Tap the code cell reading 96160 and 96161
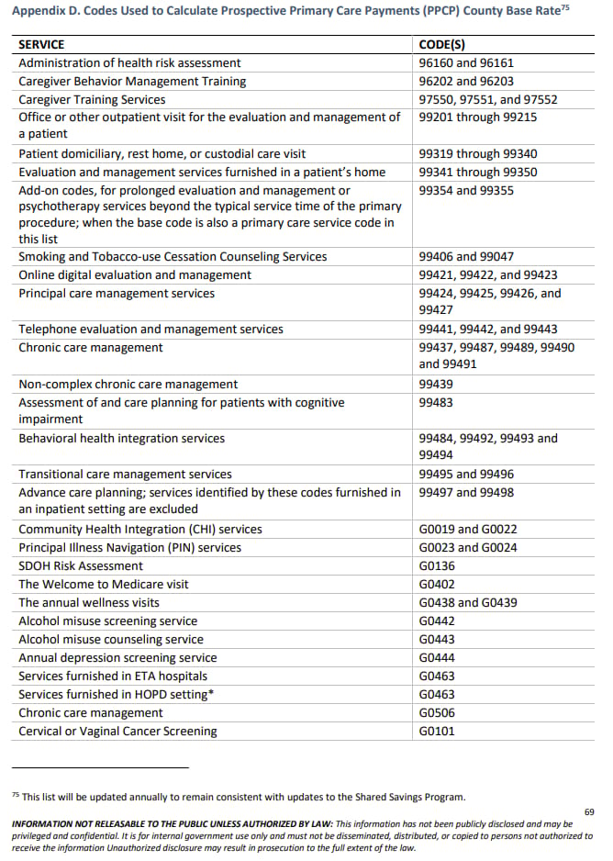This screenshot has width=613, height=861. click(x=466, y=63)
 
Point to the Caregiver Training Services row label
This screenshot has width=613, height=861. click(x=92, y=99)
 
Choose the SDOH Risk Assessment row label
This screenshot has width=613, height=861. click(x=81, y=566)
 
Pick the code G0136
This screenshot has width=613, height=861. click(x=437, y=566)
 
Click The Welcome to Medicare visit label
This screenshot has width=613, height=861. click(x=104, y=585)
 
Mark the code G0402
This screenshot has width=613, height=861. click(x=437, y=585)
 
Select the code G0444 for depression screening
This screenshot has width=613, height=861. click(x=437, y=658)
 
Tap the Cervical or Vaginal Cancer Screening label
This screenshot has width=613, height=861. click(x=117, y=732)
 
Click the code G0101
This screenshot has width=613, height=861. click(x=437, y=732)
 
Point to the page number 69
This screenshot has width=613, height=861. click(x=589, y=812)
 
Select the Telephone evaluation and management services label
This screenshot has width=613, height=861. click(x=150, y=330)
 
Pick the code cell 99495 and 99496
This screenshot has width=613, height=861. click(x=466, y=475)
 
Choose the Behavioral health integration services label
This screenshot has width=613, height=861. click(x=121, y=439)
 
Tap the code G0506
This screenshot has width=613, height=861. click(x=437, y=713)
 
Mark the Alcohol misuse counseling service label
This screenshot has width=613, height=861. click(x=111, y=640)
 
